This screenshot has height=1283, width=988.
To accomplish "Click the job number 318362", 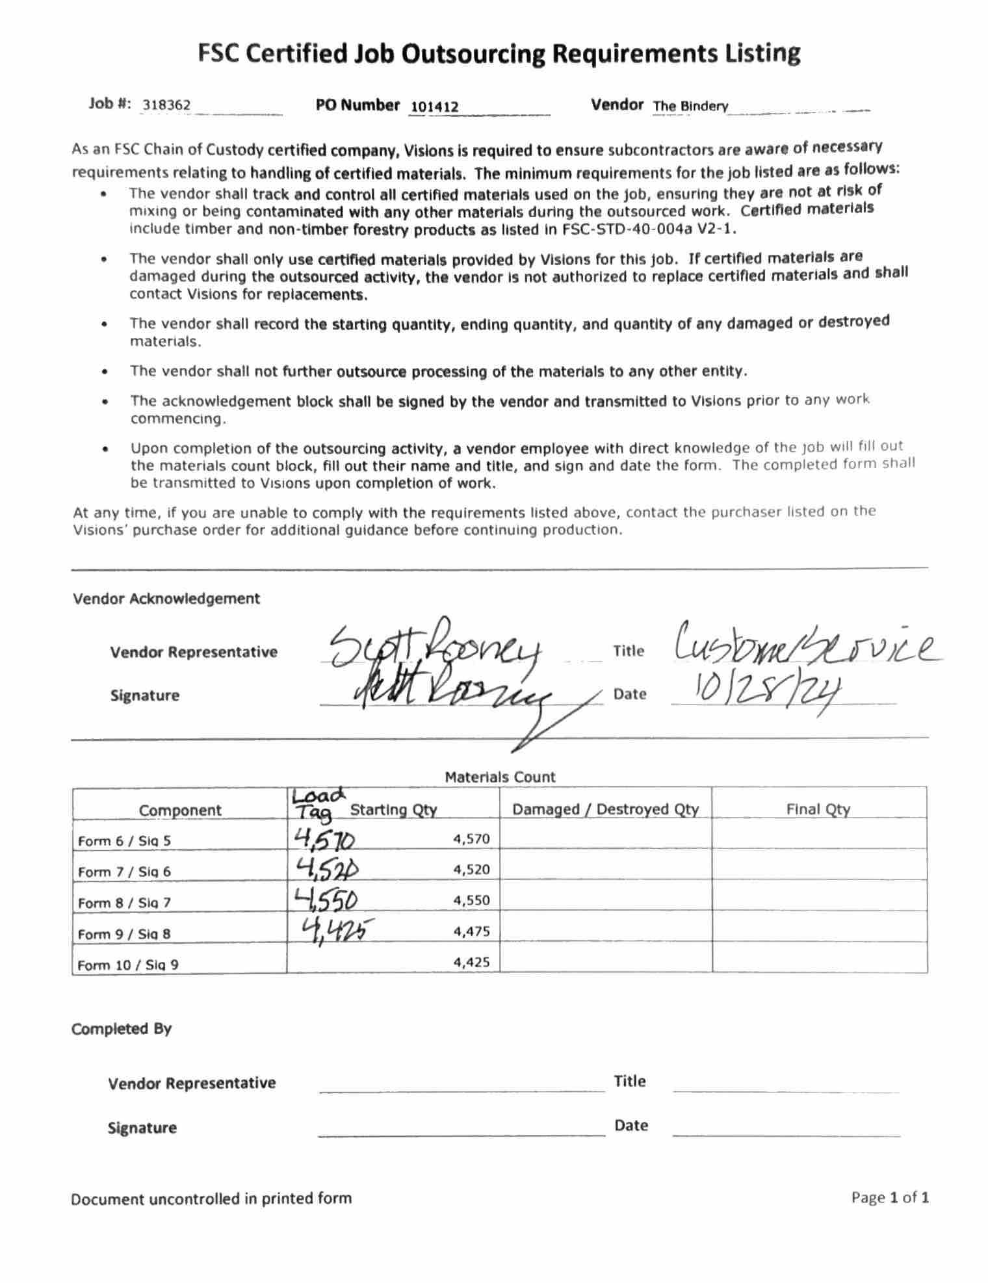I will click(166, 105).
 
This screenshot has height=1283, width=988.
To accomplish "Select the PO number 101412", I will click(435, 107).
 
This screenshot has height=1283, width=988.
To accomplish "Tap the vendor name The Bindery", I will click(690, 106).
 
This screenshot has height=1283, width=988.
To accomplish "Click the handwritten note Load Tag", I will click(317, 805).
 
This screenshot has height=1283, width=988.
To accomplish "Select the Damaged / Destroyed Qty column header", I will click(605, 809).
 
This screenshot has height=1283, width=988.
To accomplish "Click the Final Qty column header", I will click(818, 809).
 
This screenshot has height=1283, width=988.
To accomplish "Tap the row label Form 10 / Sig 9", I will click(128, 965).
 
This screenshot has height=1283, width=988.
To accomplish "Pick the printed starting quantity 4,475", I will click(471, 931).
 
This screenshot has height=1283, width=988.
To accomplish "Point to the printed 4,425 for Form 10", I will click(471, 962).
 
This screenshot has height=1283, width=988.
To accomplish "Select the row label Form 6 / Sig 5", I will click(124, 841).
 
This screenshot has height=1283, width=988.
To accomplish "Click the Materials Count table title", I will click(500, 777).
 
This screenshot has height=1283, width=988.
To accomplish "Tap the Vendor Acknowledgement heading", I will click(166, 599).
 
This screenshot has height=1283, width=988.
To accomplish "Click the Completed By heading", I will click(122, 1029).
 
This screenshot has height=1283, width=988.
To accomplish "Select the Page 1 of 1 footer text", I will click(890, 1197).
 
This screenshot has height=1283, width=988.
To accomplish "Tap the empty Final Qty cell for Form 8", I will click(819, 896).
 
